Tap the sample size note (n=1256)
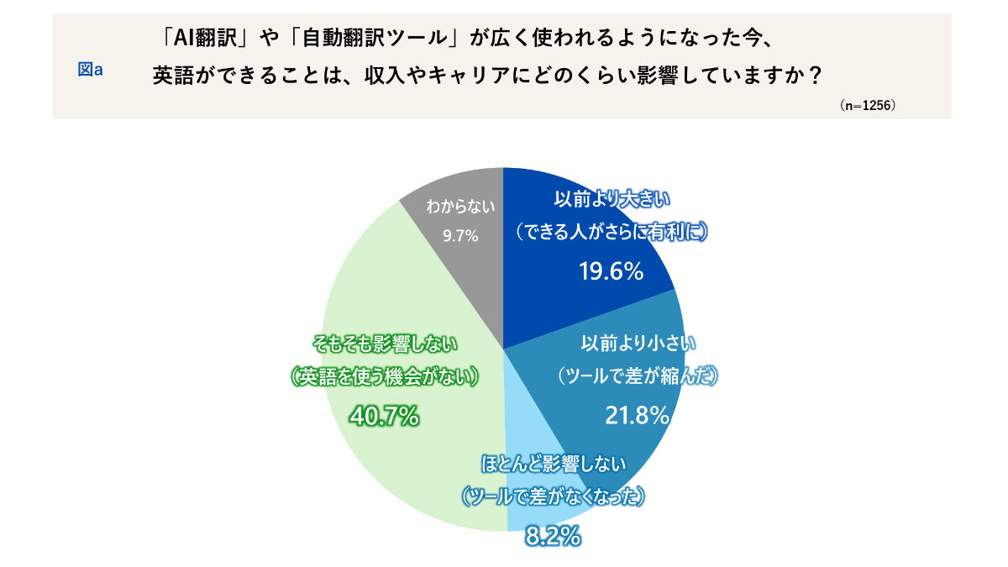[867, 107]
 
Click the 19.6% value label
[611, 270]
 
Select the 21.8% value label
[637, 414]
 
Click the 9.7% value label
[460, 236]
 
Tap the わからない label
[460, 206]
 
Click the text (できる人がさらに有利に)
[611, 232]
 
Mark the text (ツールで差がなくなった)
[553, 497]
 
